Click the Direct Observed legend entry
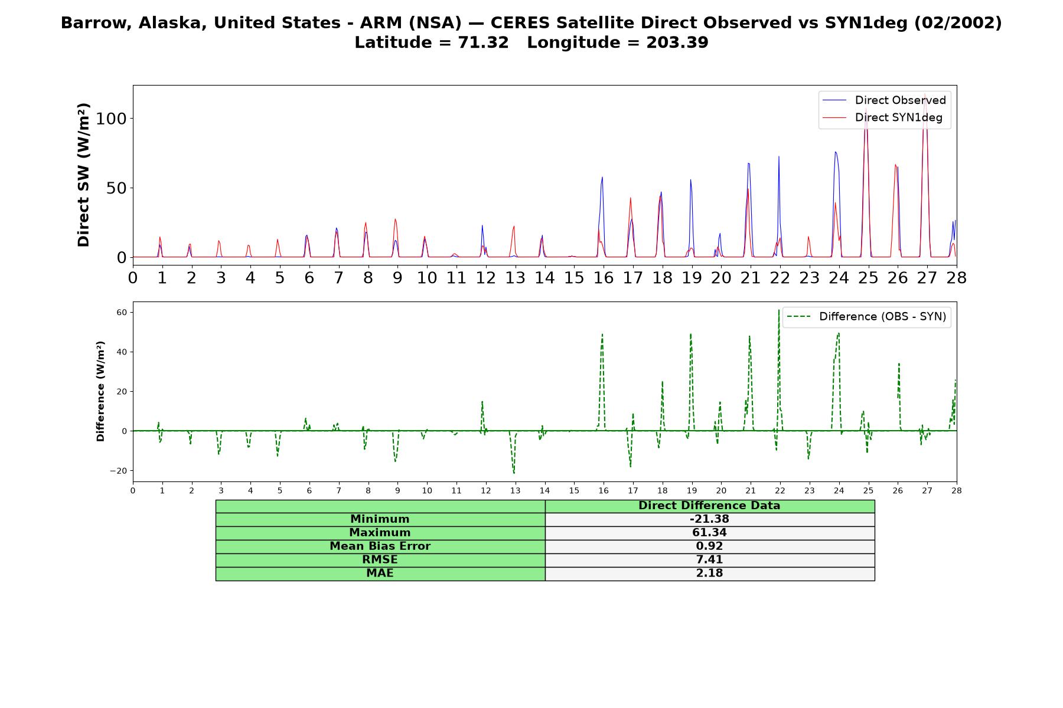(x=884, y=100)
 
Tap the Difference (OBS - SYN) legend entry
(x=867, y=317)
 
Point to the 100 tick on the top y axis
(x=111, y=119)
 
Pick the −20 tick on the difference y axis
(x=118, y=471)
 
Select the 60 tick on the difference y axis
(x=122, y=312)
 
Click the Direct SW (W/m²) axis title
(x=83, y=175)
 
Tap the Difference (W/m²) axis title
(x=100, y=391)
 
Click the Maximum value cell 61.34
(x=709, y=533)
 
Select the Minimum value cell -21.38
(x=709, y=519)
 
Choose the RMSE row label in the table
(x=380, y=560)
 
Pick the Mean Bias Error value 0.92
(x=709, y=546)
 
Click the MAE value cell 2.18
(x=709, y=573)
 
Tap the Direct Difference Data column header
(x=709, y=506)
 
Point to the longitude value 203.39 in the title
(x=677, y=42)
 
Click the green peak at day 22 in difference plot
(x=779, y=310)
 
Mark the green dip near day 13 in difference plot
(x=514, y=473)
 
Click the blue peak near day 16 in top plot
(x=602, y=177)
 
